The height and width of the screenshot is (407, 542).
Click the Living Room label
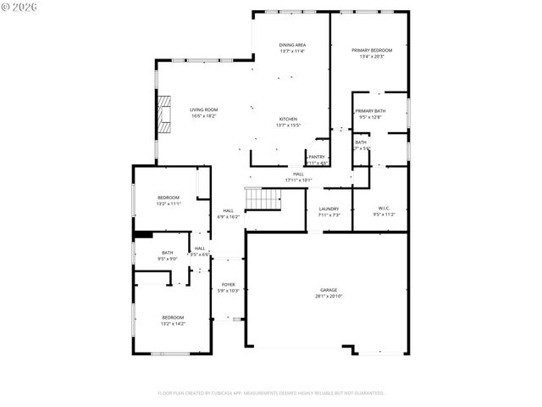coord(203,109)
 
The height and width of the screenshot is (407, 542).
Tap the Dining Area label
coord(292,45)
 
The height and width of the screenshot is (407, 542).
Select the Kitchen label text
coord(290,119)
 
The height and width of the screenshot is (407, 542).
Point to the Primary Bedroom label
coord(372,51)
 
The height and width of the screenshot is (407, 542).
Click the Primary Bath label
coord(370,111)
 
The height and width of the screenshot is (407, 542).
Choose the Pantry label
coord(317,157)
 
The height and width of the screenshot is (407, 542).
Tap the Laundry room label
coord(329,209)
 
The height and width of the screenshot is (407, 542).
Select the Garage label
coord(328,290)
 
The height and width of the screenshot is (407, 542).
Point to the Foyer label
coord(229,284)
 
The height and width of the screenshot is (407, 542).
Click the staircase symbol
coord(263,198)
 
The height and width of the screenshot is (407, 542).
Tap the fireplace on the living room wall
coord(163,114)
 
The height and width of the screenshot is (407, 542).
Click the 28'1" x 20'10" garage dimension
coord(328,296)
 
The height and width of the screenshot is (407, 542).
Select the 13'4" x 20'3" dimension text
coord(372,57)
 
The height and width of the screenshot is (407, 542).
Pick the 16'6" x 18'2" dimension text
coord(203,115)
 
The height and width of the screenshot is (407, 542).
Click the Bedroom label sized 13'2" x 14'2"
coord(173,317)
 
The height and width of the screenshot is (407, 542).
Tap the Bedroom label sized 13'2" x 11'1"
coord(168,198)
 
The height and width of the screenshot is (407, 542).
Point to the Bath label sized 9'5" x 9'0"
coord(168,253)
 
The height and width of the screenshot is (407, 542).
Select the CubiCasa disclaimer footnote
coord(271,393)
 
